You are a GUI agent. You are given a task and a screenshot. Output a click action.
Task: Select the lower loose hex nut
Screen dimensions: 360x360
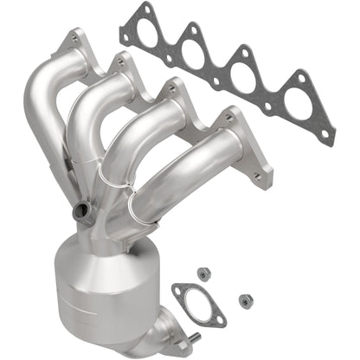[x=245, y=299]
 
